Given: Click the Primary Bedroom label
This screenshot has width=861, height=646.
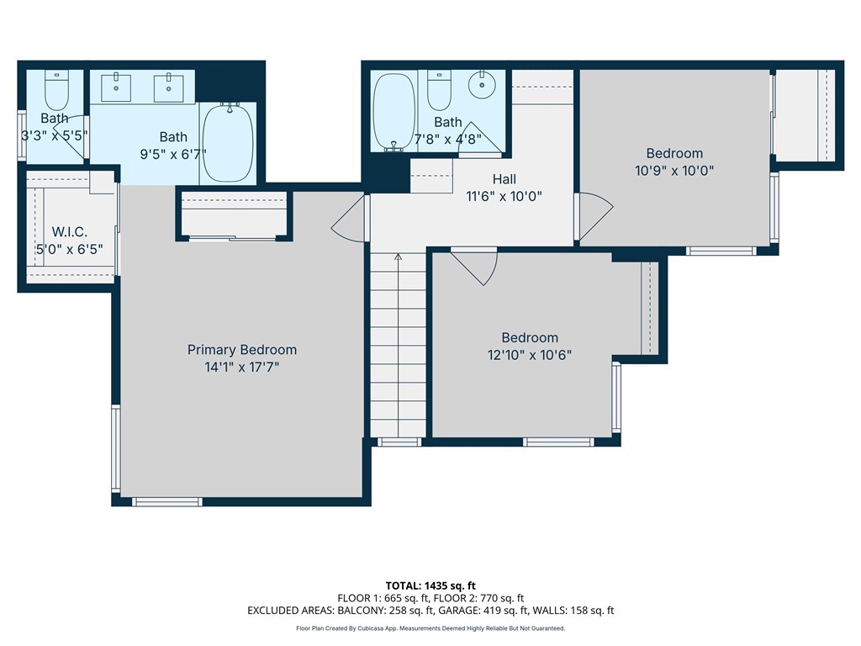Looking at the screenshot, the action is click(x=241, y=350).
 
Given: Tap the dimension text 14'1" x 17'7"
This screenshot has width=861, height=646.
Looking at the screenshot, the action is click(x=241, y=367).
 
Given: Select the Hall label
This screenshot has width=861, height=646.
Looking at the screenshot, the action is click(x=504, y=179).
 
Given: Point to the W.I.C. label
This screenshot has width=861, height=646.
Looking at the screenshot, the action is click(x=70, y=232).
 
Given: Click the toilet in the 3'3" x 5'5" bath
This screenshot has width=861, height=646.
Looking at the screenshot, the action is click(x=56, y=91).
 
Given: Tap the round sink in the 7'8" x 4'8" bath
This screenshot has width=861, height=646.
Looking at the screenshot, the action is click(x=482, y=85).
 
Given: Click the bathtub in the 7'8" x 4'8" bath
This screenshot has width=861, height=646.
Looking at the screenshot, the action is click(x=394, y=112).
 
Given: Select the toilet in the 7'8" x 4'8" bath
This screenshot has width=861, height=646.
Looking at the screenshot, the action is click(x=439, y=91).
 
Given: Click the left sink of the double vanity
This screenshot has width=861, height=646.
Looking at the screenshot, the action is click(x=116, y=87).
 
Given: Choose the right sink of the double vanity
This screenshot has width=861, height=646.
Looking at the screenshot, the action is click(x=168, y=87).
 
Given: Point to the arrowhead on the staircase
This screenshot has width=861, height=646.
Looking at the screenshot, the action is click(x=398, y=257).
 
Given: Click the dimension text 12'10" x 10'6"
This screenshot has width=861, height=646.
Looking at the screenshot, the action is click(x=530, y=355).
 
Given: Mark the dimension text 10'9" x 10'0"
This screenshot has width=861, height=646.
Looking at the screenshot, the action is click(x=674, y=170).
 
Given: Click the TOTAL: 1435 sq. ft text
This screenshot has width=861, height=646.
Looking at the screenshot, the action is click(x=430, y=585).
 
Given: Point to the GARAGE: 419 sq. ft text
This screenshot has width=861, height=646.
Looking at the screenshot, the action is click(x=482, y=611).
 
